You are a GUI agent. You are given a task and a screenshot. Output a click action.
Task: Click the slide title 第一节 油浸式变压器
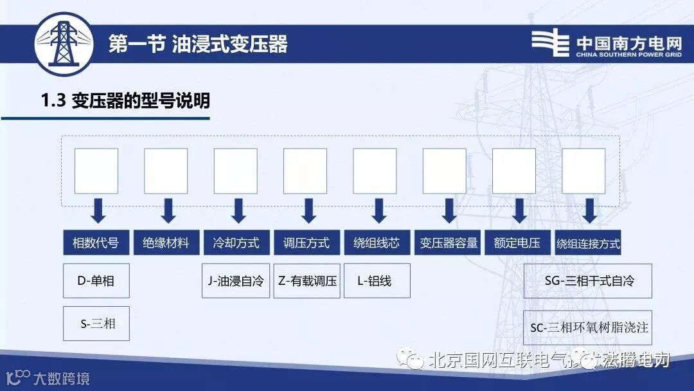point(198,44)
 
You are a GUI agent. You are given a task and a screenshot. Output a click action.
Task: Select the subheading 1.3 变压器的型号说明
point(125,101)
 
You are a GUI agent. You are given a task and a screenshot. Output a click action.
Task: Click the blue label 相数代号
point(96,243)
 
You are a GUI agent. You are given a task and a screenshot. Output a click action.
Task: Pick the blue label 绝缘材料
point(166,243)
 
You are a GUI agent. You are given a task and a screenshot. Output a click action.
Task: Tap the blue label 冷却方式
point(236,243)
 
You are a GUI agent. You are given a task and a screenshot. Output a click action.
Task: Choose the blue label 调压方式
point(307,243)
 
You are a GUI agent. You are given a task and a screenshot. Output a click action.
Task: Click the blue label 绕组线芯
point(377,243)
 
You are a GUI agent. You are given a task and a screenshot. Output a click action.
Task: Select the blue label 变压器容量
point(447,243)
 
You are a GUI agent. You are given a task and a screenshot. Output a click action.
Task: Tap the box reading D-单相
point(96,280)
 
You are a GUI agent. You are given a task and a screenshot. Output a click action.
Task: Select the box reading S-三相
point(96,323)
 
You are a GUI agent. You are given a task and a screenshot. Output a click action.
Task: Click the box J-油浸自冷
point(236,281)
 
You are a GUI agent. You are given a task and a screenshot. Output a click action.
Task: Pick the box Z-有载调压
point(307,281)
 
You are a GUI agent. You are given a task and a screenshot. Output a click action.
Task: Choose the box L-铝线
point(377,281)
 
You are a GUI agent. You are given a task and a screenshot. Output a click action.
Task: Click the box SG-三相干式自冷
point(588,281)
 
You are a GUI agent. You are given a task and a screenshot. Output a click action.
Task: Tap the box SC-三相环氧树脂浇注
point(588,327)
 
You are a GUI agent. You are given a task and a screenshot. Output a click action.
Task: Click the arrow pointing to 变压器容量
point(449,210)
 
